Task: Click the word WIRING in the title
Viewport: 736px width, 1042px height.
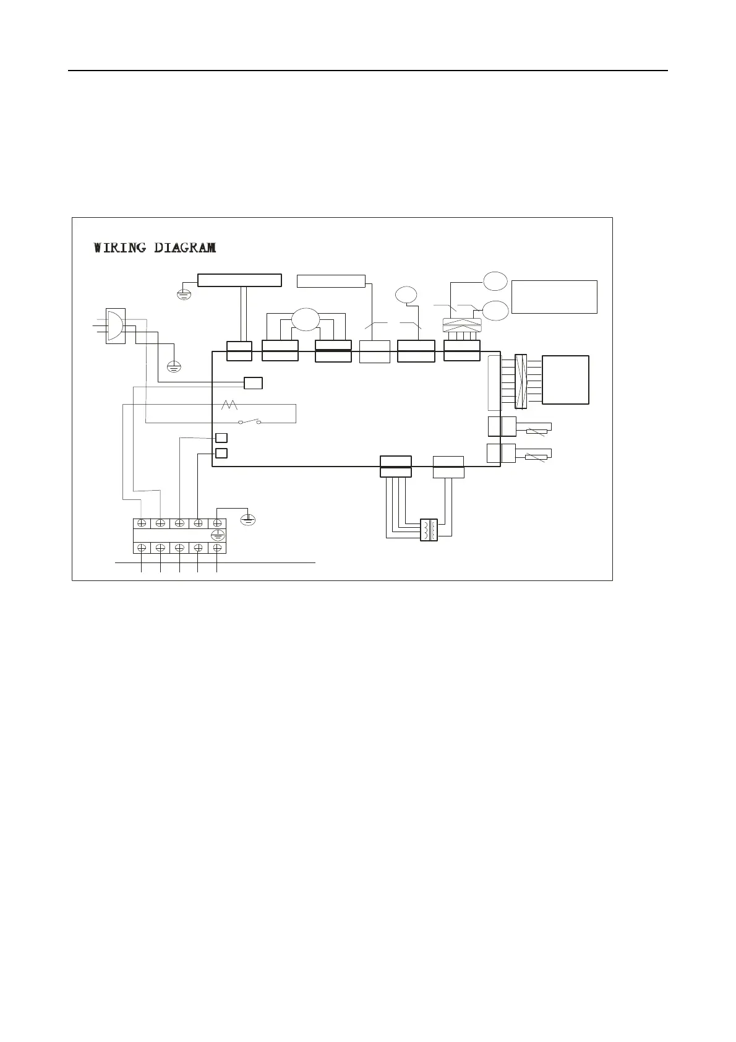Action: click(120, 248)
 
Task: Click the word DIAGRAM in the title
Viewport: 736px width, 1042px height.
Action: click(185, 248)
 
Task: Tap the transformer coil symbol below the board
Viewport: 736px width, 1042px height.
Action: click(429, 530)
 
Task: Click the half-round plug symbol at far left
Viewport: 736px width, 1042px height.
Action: click(115, 325)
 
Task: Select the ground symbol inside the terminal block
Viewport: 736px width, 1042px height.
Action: click(217, 535)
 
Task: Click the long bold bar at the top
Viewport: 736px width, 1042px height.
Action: click(239, 280)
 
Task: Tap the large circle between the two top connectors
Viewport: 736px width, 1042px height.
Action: click(306, 320)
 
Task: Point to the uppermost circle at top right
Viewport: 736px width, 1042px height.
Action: click(495, 281)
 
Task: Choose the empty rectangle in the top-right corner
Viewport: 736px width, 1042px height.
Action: click(554, 297)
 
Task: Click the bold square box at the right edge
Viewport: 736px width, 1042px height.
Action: click(565, 380)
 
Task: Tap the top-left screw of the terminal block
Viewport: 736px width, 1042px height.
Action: click(142, 523)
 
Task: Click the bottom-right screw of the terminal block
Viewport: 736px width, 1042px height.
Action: click(217, 548)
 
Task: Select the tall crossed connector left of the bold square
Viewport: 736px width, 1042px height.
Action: click(521, 381)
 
